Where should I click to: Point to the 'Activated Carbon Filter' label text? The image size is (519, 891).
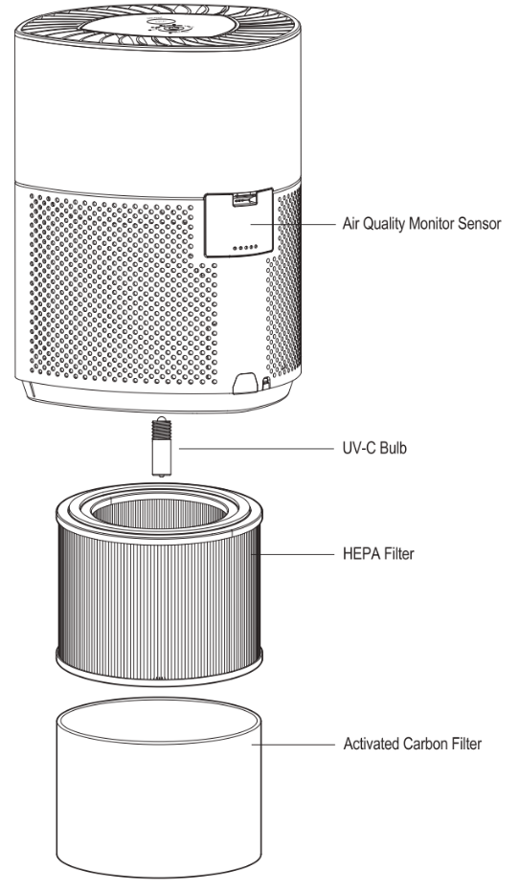(x=412, y=744)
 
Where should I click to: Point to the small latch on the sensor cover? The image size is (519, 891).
(x=247, y=199)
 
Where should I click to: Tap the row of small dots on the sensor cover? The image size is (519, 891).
(x=245, y=245)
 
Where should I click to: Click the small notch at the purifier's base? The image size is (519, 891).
(x=242, y=382)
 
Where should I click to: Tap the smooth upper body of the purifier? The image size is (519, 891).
(x=158, y=115)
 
